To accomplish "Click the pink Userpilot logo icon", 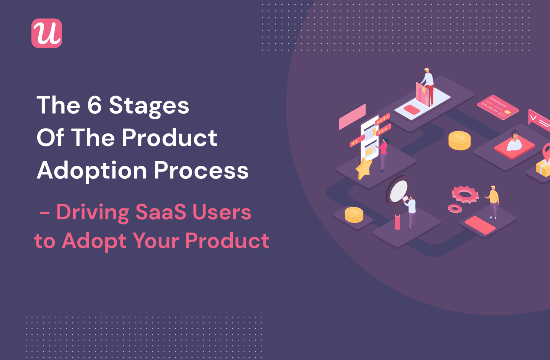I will click(47, 33).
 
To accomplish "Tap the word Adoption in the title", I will click(91, 171).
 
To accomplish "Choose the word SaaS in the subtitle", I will click(161, 212).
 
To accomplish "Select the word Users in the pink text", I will click(222, 212).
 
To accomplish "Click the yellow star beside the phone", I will click(363, 168).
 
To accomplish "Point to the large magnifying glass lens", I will click(399, 191).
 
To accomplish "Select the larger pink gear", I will click(465, 194).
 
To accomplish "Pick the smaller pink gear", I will click(454, 208).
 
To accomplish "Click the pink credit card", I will click(498, 107).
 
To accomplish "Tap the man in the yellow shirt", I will click(493, 201).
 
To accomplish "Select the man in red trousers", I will click(428, 86).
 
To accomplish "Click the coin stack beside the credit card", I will click(459, 140).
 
